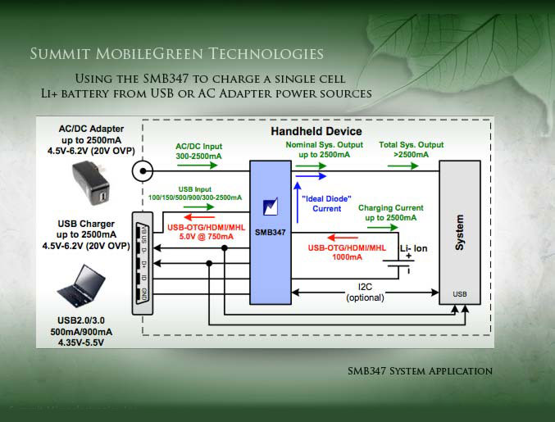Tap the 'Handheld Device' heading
tap(316, 131)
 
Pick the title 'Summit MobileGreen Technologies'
tap(176, 55)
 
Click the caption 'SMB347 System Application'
tap(420, 371)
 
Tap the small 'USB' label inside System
tap(461, 293)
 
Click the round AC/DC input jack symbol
tap(144, 170)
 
